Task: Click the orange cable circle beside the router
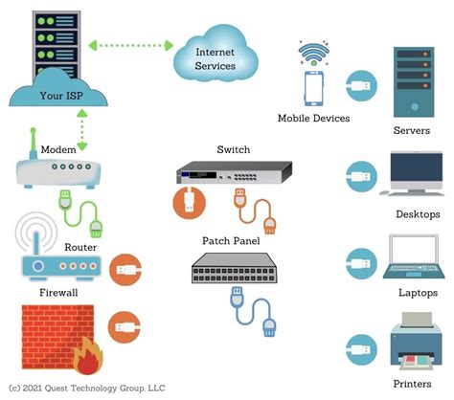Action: tap(125, 272)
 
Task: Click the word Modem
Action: tap(57, 150)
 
